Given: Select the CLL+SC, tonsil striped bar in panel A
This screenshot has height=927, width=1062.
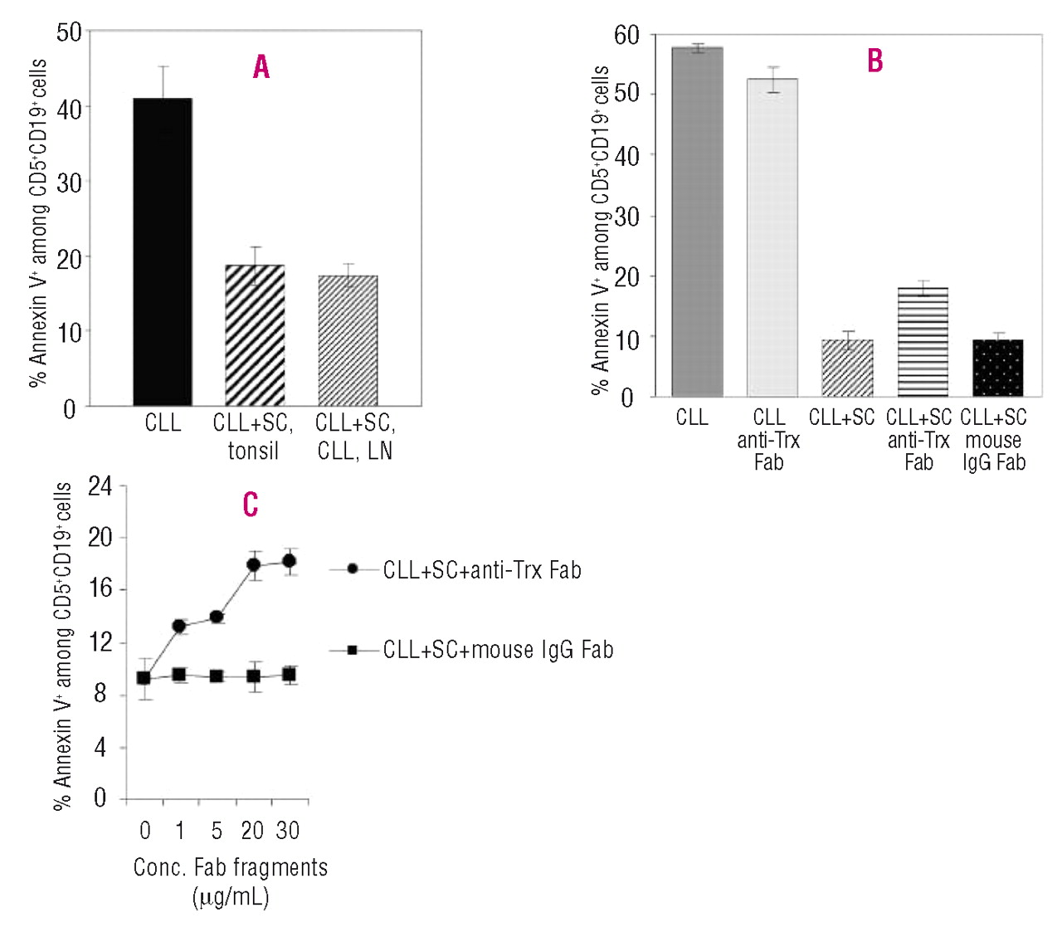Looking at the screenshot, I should (255, 335).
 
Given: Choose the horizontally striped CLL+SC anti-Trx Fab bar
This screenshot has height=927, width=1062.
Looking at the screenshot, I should (923, 342).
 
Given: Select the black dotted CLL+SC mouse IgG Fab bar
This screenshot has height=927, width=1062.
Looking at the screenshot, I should (998, 368).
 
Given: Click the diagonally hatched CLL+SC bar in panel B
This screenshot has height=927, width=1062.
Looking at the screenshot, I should (847, 368).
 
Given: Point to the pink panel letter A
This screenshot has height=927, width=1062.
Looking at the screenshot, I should (261, 67).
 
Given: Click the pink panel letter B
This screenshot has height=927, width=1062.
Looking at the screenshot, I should (874, 61).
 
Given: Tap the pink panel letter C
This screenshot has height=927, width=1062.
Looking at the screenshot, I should (250, 505).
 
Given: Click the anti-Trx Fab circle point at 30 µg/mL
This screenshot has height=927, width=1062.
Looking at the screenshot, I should (289, 562).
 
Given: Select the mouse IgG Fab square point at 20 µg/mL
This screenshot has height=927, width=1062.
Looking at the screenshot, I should (253, 676).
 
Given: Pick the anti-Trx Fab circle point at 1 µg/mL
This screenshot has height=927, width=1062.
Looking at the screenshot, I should (179, 627).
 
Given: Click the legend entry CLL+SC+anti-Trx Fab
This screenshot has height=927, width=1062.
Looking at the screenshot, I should (481, 570).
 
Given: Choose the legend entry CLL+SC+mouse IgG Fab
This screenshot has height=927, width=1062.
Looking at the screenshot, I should (498, 650).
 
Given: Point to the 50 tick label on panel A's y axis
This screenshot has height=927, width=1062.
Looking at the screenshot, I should (69, 33).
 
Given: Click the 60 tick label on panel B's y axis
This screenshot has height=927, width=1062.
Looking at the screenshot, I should (626, 36).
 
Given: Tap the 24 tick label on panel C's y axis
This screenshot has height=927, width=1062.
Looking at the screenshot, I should (100, 485).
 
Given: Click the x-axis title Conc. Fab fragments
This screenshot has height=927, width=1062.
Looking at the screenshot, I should (231, 868).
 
